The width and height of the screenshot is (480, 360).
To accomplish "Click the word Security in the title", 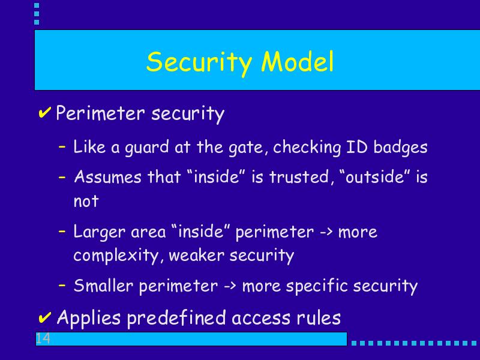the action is [x=199, y=63].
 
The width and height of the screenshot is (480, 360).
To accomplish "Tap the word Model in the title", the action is [x=297, y=61].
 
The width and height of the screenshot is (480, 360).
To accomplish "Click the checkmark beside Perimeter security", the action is [x=44, y=112].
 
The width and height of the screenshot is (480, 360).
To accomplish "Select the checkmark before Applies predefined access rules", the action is [x=44, y=317].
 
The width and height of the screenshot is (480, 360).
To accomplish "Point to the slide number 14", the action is [x=43, y=338].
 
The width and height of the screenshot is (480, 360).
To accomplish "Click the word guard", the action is [x=146, y=148].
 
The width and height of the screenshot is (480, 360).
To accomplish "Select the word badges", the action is [x=400, y=148].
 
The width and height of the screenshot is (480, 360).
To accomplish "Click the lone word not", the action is [x=86, y=202].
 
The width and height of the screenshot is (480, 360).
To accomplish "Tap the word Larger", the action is [x=100, y=232].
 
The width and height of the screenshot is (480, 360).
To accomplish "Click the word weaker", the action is [x=197, y=255].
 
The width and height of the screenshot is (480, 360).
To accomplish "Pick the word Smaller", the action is [x=103, y=286].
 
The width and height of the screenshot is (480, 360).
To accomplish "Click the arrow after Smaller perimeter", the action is [x=230, y=286].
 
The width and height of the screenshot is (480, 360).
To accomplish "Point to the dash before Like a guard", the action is [x=62, y=146].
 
